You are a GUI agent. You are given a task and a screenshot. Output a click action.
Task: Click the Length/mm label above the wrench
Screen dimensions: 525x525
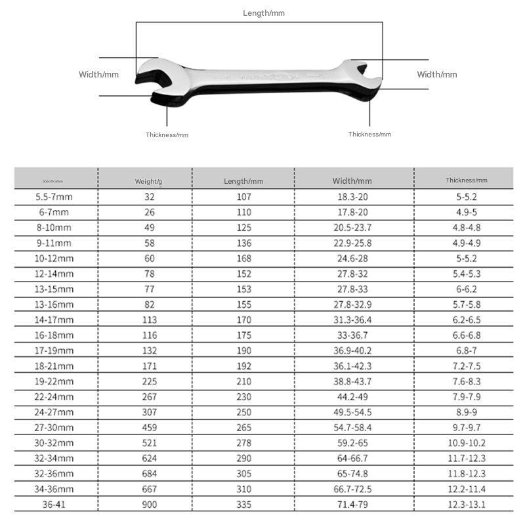tap(264, 13)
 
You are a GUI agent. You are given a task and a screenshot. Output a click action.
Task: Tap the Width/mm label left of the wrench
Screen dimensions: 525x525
tap(98, 75)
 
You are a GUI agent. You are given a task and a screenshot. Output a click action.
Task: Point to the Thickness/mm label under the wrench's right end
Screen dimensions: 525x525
tap(369, 135)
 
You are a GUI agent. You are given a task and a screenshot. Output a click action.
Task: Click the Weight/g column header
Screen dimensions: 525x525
tap(149, 180)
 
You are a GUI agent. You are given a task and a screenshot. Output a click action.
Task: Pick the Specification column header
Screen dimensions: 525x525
tap(52, 180)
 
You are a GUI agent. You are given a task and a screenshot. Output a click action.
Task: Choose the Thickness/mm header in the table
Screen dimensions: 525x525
tap(467, 180)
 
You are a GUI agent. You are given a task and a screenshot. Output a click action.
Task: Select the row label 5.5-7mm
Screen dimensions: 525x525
tap(55, 197)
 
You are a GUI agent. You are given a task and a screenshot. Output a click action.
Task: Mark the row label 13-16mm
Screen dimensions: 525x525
tap(55, 304)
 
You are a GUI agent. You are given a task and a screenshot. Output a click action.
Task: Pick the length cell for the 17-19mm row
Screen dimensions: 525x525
tap(243, 350)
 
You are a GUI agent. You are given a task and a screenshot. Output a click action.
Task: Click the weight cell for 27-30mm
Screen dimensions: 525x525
tap(150, 427)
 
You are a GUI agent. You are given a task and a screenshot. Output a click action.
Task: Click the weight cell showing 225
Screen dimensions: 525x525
tap(150, 381)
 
